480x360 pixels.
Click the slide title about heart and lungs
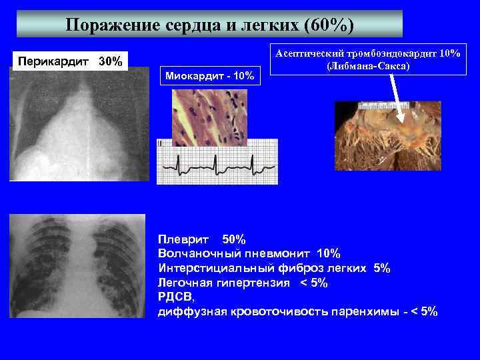[210, 25]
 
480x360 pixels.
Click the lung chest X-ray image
[78, 265]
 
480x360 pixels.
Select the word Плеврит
[183, 239]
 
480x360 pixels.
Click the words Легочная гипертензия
[224, 283]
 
